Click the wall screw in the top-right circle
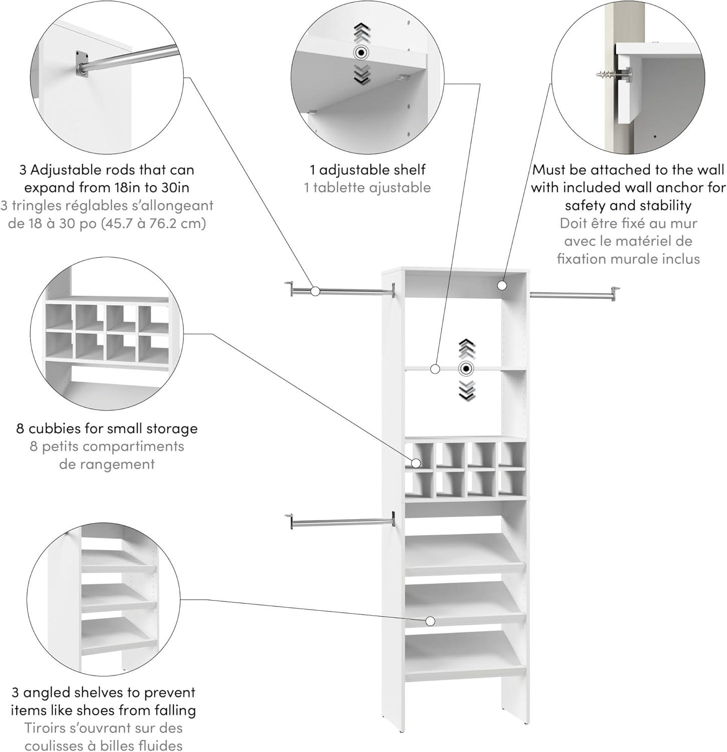[608, 75]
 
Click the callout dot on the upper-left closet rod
[315, 291]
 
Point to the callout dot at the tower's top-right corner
[502, 285]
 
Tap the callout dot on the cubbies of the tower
[415, 463]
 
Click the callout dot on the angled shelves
[429, 621]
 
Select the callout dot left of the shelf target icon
[435, 369]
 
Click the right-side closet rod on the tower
[571, 296]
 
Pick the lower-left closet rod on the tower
[341, 523]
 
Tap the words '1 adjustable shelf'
[367, 170]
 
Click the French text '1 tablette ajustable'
[367, 188]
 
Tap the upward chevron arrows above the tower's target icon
[467, 348]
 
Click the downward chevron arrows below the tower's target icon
[467, 390]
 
